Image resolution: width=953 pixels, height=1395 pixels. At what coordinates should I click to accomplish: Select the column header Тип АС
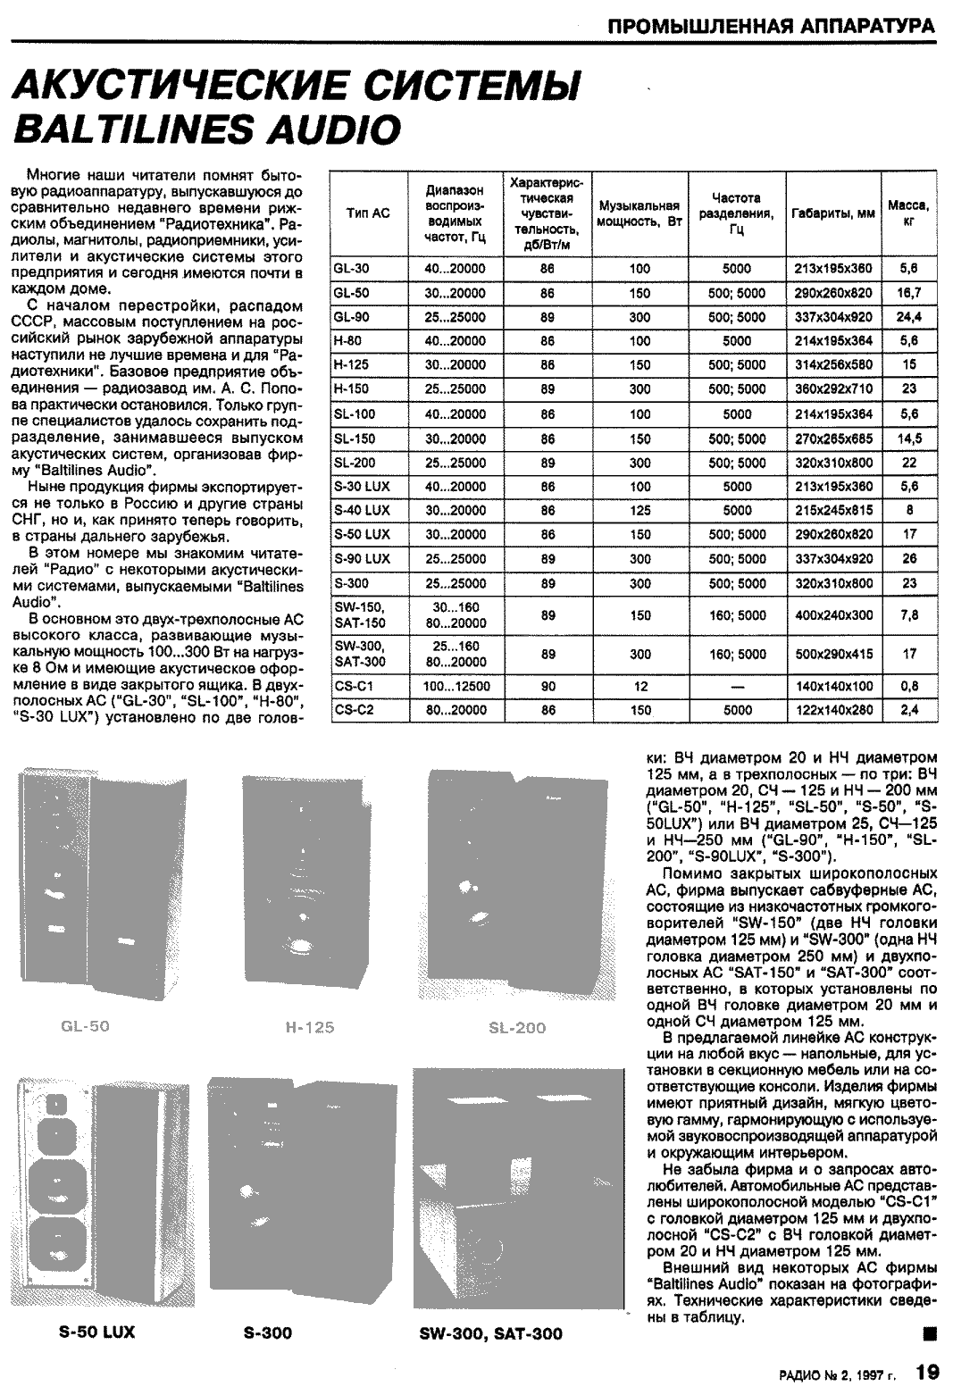pyautogui.click(x=368, y=213)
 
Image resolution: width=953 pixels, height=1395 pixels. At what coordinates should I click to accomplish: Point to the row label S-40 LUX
pyautogui.click(x=361, y=511)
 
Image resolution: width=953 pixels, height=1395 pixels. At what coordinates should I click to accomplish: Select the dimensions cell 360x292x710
pyautogui.click(x=833, y=389)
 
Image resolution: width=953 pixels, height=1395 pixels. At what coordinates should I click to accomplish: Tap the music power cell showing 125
pyautogui.click(x=640, y=511)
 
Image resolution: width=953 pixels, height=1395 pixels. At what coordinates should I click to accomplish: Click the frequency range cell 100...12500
pyautogui.click(x=456, y=687)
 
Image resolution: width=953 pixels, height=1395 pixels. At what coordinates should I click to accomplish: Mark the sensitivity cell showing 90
pyautogui.click(x=548, y=687)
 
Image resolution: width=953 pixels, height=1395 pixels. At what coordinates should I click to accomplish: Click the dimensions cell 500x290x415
pyautogui.click(x=833, y=654)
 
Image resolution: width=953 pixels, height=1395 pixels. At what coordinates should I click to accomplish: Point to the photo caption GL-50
pyautogui.click(x=86, y=1026)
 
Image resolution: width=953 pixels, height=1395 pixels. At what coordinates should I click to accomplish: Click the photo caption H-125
pyautogui.click(x=310, y=1028)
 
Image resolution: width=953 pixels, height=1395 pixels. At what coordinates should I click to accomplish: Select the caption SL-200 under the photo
pyautogui.click(x=517, y=1028)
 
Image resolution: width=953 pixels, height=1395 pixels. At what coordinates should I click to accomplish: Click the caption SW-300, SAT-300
pyautogui.click(x=490, y=1333)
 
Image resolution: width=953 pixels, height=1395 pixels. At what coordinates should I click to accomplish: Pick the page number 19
pyautogui.click(x=928, y=1371)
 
